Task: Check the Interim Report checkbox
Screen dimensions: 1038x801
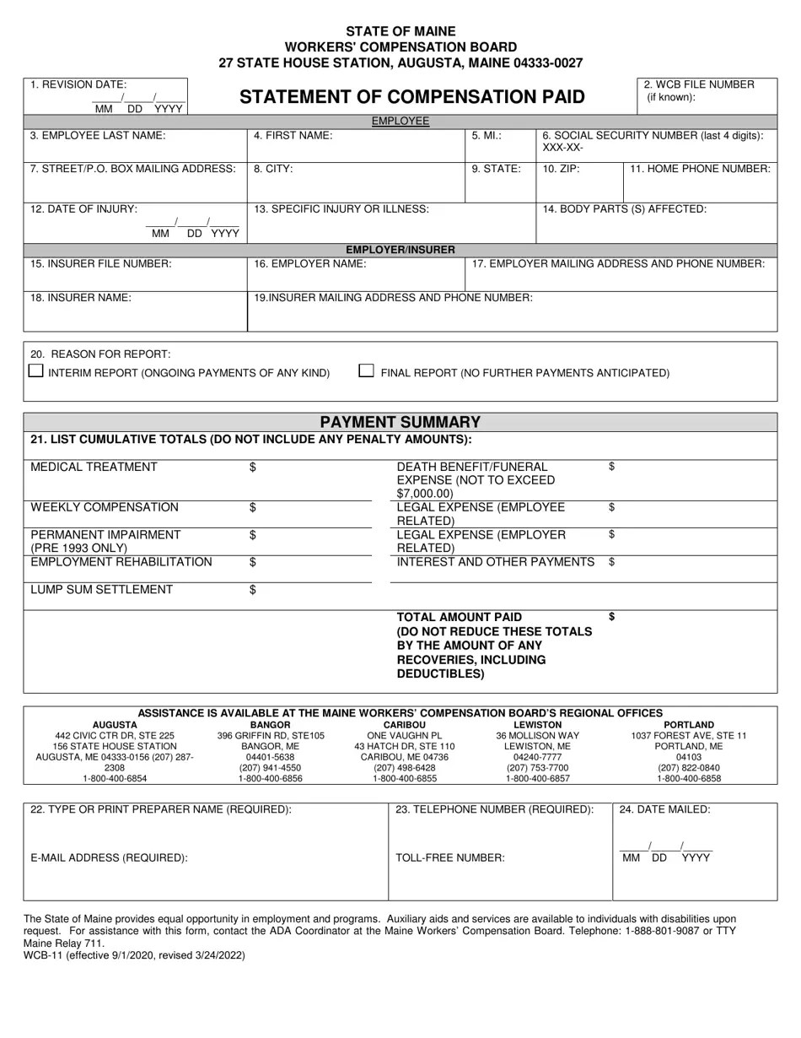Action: tap(36, 370)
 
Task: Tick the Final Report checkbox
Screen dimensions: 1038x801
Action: tap(367, 370)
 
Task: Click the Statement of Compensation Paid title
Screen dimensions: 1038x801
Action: tap(411, 97)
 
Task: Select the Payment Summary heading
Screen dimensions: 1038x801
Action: tap(400, 422)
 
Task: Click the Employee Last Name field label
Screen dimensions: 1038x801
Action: tap(98, 135)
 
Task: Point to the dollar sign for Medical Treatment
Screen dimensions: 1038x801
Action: tap(253, 468)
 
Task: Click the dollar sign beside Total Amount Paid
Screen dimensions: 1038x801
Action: tap(611, 617)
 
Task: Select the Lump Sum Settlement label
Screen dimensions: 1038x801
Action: tap(102, 590)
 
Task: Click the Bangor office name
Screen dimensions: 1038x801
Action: tap(270, 725)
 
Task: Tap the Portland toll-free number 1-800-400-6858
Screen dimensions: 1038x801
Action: tap(689, 779)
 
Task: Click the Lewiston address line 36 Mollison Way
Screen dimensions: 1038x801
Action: tap(538, 736)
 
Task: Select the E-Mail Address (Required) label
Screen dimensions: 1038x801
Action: tap(109, 858)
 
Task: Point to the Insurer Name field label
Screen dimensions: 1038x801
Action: tap(81, 298)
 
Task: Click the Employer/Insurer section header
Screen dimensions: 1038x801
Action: tap(400, 250)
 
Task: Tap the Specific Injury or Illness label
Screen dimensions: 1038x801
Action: tap(341, 209)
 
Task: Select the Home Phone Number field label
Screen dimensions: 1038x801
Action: tap(700, 169)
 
